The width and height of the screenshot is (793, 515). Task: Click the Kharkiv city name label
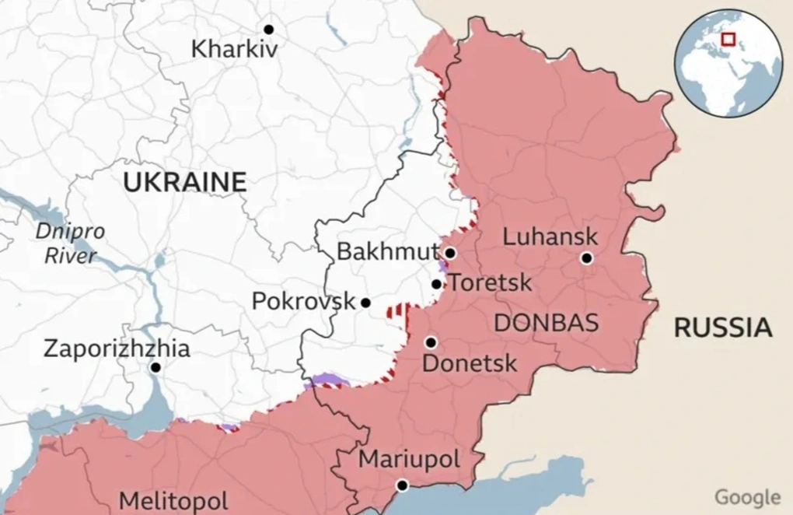pos(234,50)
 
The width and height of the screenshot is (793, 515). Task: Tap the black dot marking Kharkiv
pos(269,29)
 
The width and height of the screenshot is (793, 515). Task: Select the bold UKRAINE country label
pos(185,183)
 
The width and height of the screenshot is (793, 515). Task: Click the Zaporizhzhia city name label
pos(117,348)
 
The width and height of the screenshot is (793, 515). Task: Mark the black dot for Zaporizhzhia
pos(156,367)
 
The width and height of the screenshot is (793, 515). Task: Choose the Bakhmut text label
pos(387,252)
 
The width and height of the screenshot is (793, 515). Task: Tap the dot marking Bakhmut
pos(450,253)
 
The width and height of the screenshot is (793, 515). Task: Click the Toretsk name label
pos(491,282)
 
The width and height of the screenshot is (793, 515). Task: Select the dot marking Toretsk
pos(438,284)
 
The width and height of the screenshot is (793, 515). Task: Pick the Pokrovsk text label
pos(303,301)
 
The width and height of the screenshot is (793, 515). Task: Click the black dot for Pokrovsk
pos(365,303)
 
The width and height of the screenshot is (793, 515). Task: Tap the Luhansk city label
pos(550,236)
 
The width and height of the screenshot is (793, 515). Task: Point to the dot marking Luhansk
pos(586,258)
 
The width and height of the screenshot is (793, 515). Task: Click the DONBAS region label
pos(547,322)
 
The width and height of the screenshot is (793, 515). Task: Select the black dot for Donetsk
pos(431,342)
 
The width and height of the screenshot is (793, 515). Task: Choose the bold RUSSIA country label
pos(723,328)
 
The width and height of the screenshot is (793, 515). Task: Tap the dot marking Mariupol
pos(402,485)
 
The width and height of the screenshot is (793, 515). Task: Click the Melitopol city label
pos(173,500)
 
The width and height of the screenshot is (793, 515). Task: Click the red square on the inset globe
pos(728,39)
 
